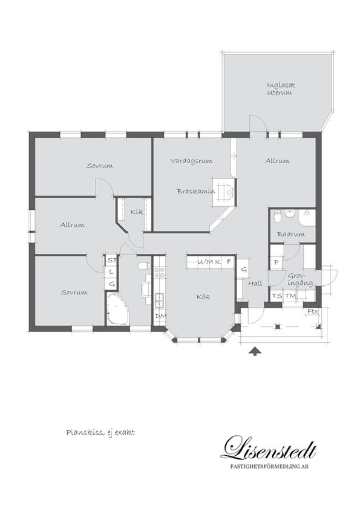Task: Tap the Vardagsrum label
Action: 191,161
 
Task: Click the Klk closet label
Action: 137,212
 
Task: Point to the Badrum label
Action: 291,234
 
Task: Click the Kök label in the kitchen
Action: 203,297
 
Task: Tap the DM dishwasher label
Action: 161,316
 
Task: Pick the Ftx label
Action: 313,312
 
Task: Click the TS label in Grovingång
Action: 277,296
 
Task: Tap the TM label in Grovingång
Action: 290,296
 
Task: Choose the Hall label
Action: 255,284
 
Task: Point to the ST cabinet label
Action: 111,260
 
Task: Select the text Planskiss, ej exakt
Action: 100,433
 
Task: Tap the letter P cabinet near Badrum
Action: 276,262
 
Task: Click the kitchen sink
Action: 160,300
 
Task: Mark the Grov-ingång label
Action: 300,280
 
